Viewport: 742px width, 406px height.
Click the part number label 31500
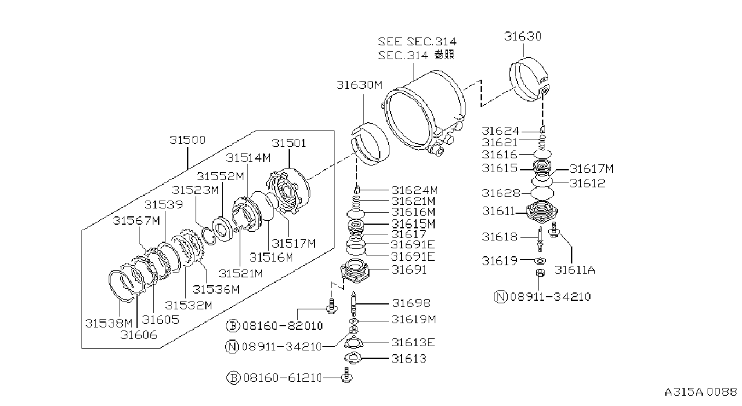click(x=188, y=140)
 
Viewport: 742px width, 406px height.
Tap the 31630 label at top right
click(x=523, y=36)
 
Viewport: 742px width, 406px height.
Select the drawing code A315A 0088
click(x=701, y=392)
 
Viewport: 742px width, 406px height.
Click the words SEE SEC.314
click(x=417, y=42)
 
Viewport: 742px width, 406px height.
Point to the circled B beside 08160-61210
click(x=233, y=378)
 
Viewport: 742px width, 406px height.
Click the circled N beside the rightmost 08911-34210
click(x=501, y=297)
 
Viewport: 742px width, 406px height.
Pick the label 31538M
click(x=109, y=323)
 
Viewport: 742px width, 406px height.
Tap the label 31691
click(x=409, y=270)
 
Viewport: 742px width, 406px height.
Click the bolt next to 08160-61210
click(x=347, y=376)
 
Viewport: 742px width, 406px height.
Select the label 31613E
click(x=413, y=343)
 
